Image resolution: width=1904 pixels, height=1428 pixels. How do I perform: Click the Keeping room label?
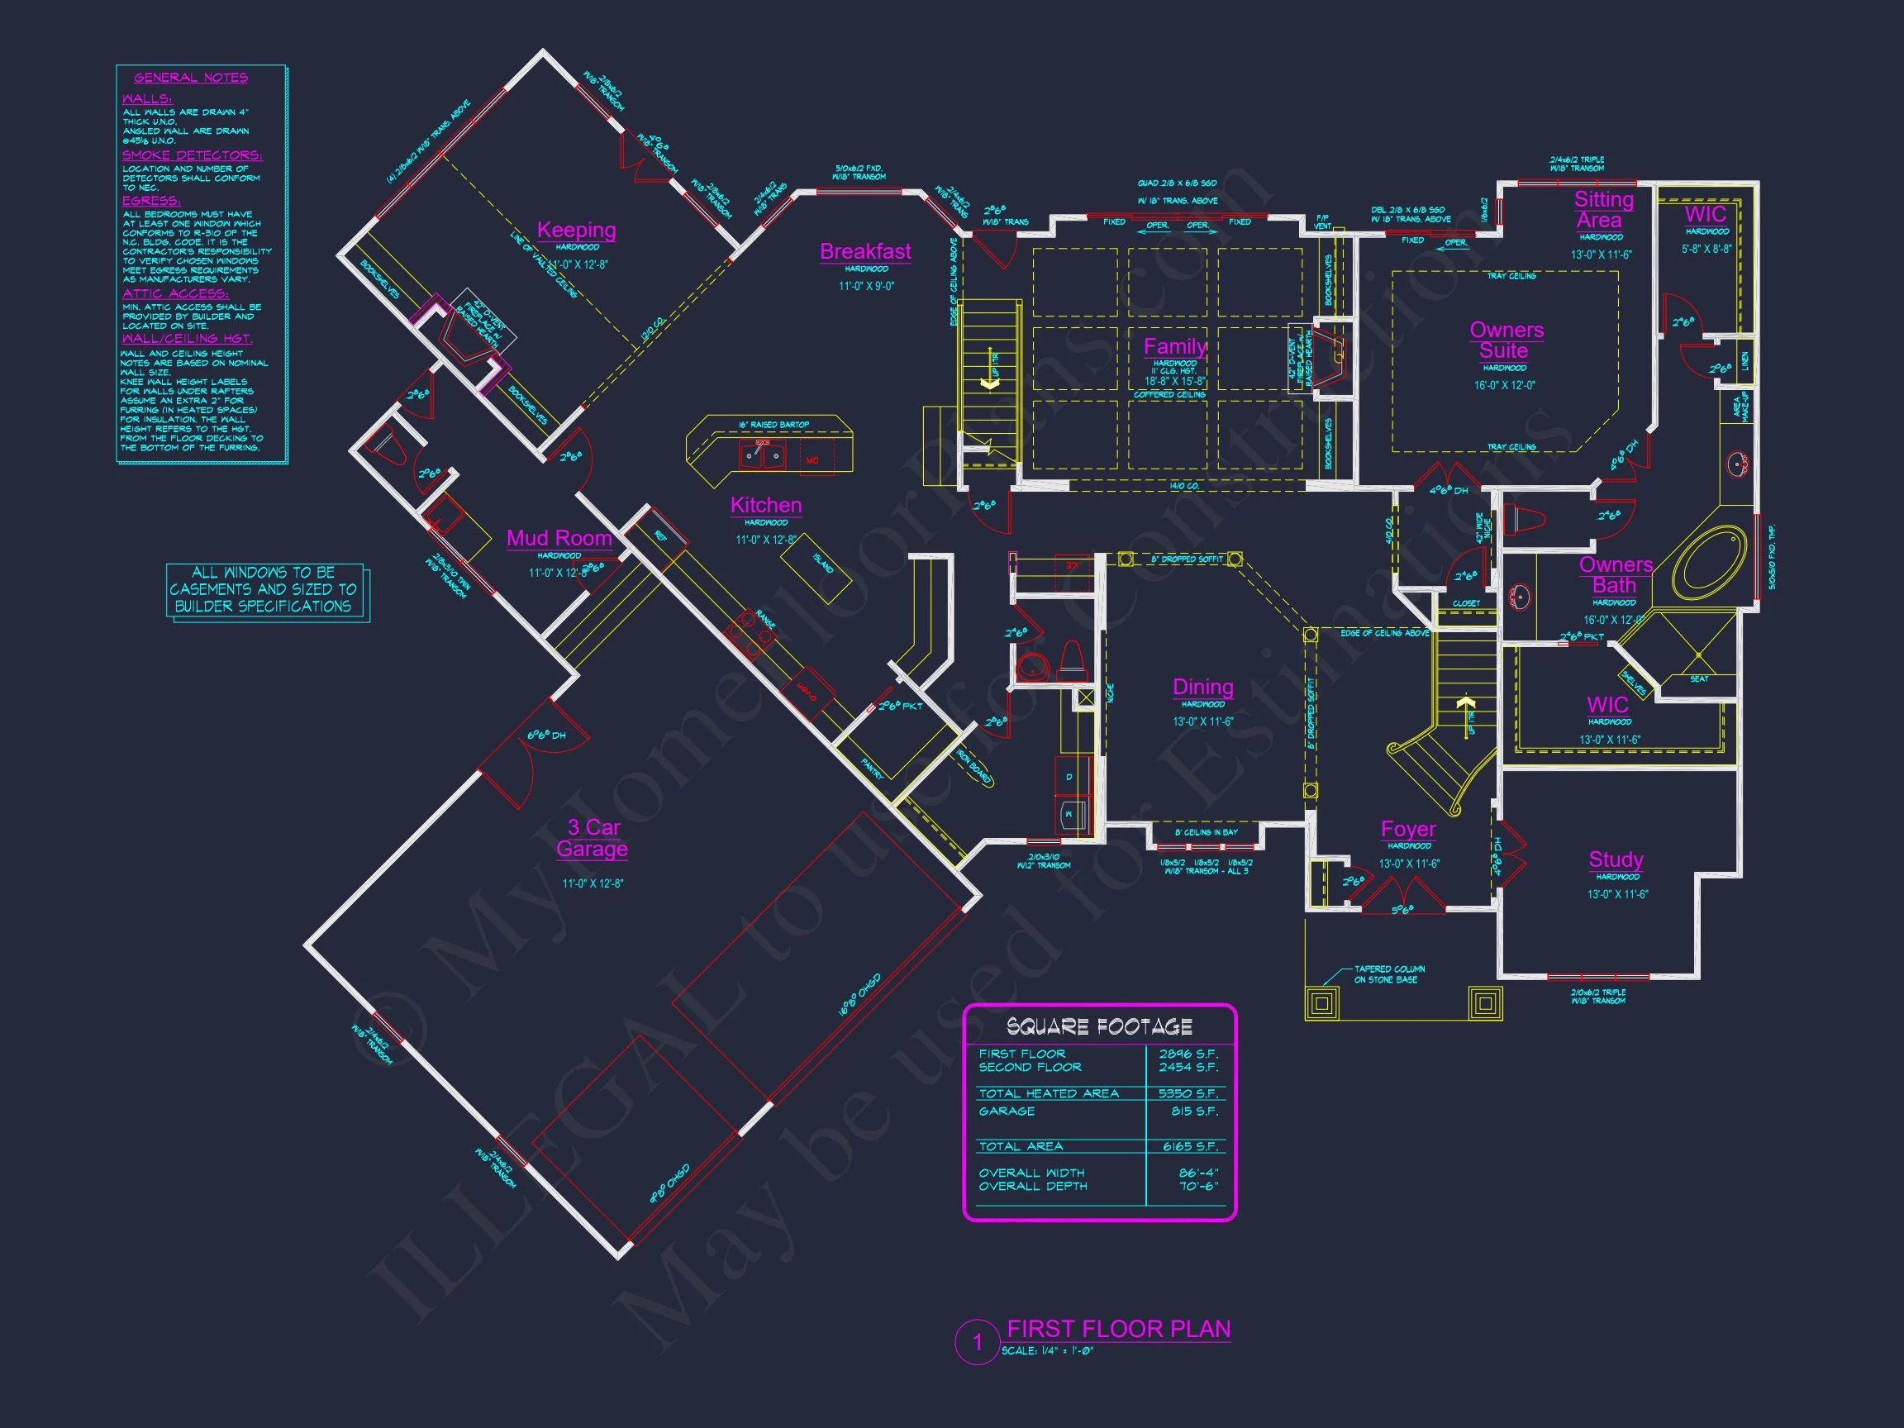pyautogui.click(x=576, y=230)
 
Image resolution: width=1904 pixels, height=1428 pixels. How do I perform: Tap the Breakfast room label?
pyautogui.click(x=865, y=251)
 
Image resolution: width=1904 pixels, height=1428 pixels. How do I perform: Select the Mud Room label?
pyautogui.click(x=559, y=538)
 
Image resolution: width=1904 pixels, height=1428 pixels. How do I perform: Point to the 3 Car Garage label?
pyautogui.click(x=593, y=837)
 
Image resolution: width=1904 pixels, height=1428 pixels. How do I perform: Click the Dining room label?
pyautogui.click(x=1202, y=687)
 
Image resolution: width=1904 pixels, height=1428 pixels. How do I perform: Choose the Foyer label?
pyautogui.click(x=1408, y=829)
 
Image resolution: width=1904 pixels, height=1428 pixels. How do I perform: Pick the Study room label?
pyautogui.click(x=1616, y=859)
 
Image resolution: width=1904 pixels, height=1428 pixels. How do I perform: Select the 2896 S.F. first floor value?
pyautogui.click(x=1188, y=1054)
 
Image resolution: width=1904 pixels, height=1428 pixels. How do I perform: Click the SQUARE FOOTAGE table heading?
pyautogui.click(x=1099, y=1027)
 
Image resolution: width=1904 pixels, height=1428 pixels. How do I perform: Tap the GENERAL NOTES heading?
pyautogui.click(x=190, y=78)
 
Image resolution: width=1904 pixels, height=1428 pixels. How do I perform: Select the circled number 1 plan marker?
pyautogui.click(x=977, y=1342)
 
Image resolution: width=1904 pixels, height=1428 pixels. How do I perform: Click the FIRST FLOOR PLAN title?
pyautogui.click(x=1118, y=1329)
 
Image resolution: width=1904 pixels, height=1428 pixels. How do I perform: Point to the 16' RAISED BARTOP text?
pyautogui.click(x=773, y=425)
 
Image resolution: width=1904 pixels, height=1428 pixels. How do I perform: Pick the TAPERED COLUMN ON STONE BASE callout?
pyautogui.click(x=1388, y=974)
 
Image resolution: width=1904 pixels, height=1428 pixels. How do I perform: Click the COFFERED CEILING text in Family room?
pyautogui.click(x=1169, y=394)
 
